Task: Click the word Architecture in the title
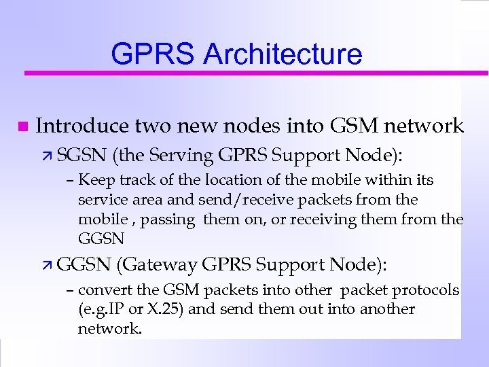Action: [283, 54]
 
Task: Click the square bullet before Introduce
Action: [22, 127]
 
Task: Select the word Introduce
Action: [81, 126]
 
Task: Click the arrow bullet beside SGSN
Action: [49, 156]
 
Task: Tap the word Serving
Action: [180, 156]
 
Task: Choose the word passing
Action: [157, 220]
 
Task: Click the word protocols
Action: [427, 290]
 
